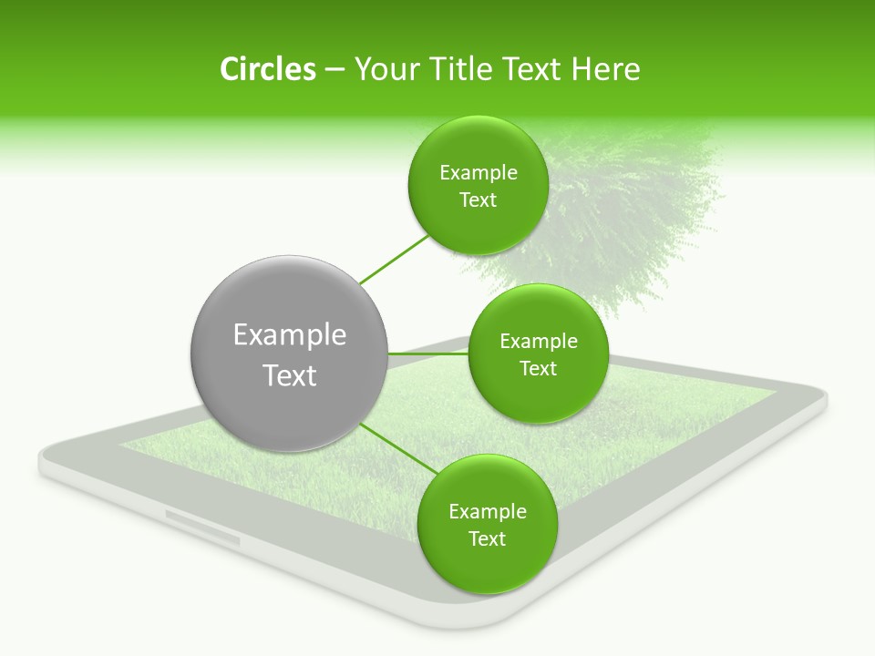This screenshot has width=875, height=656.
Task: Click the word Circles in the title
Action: coord(267,69)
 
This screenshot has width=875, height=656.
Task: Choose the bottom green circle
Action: coord(487,565)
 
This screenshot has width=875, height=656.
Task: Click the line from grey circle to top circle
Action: coord(395,260)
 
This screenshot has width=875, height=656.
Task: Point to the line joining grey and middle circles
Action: coord(428,354)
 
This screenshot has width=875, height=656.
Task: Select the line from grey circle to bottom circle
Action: coord(397,447)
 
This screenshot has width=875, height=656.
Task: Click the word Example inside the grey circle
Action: coord(290,335)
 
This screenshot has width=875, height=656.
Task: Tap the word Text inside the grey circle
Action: coord(290,375)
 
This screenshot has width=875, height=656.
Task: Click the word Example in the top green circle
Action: coord(478,173)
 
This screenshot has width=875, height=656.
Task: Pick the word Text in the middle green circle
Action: coord(538,368)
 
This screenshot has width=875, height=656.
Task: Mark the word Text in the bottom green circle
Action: coord(487,538)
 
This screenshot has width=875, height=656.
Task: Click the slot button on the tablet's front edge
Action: coord(202,528)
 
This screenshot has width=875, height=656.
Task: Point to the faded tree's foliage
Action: coord(629,210)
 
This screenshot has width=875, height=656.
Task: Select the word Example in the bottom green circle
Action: coord(487,511)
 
